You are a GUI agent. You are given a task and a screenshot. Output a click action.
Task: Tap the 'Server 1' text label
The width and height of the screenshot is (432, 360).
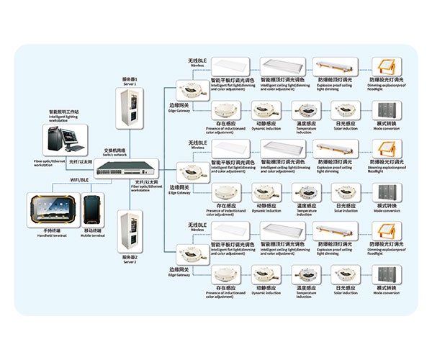(x=130, y=81)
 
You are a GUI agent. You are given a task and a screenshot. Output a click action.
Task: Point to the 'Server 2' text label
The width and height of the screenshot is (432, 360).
(x=130, y=260)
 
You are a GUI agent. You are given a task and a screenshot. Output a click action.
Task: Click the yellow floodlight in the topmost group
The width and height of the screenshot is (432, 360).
(x=385, y=70)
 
